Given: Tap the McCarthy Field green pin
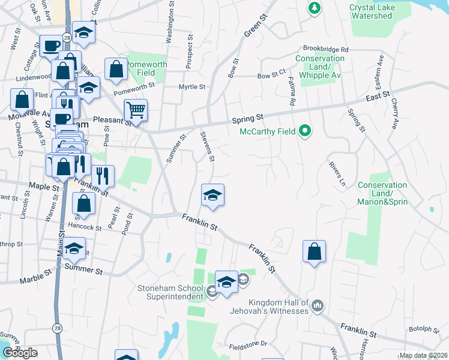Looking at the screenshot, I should [305, 130].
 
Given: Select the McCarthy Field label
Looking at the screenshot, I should [268, 131].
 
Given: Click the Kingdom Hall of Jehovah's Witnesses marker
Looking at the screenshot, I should [318, 306].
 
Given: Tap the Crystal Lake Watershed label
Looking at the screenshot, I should [379, 11].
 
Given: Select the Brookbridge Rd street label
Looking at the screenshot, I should [325, 49].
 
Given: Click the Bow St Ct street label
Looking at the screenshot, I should [271, 76].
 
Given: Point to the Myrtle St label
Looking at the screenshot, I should [192, 86].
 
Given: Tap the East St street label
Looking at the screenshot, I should [378, 95].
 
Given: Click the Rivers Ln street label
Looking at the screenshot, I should [337, 172].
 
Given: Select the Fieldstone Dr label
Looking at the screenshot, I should [248, 346].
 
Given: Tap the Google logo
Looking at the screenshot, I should [20, 352].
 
